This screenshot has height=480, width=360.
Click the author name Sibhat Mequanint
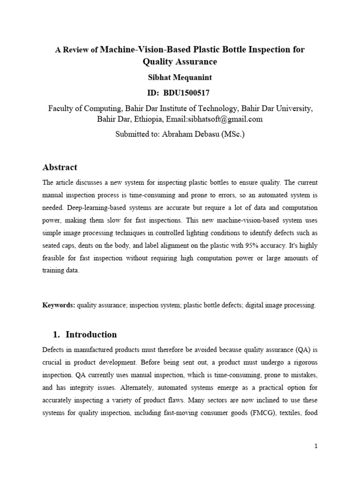pos(180,77)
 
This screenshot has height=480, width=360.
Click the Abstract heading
pos(60,167)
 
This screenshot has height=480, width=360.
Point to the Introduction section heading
pos(91,335)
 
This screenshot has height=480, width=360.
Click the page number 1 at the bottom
pos(316,446)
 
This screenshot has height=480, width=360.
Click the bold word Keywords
pos(59,305)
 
